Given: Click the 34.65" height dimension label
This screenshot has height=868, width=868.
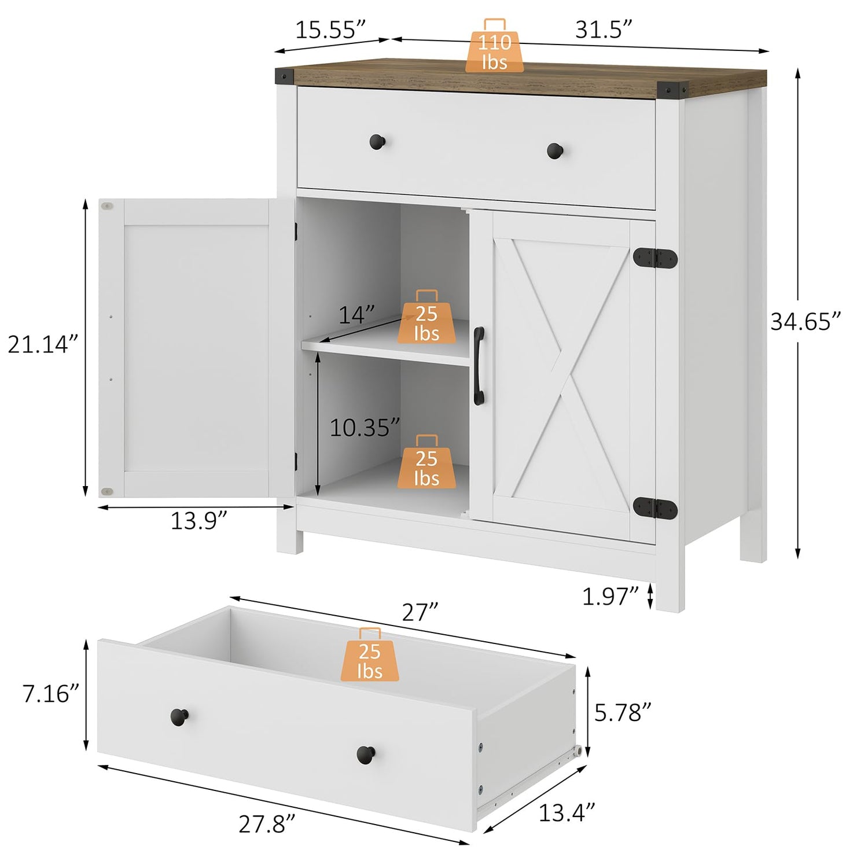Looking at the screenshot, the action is pyautogui.click(x=805, y=322).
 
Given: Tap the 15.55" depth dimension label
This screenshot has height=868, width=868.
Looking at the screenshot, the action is pyautogui.click(x=330, y=30).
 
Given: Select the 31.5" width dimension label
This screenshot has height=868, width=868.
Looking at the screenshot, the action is pyautogui.click(x=604, y=30).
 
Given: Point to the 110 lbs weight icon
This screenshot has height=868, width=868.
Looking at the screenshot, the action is pyautogui.click(x=495, y=46).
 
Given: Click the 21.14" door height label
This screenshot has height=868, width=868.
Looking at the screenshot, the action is pyautogui.click(x=42, y=344).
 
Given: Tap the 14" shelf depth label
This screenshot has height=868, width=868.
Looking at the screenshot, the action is pyautogui.click(x=356, y=315).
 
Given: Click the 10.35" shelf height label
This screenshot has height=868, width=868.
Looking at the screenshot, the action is pyautogui.click(x=365, y=428).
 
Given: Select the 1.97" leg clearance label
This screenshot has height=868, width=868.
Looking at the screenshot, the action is pyautogui.click(x=610, y=596).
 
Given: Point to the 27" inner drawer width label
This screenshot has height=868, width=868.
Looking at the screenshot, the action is pyautogui.click(x=420, y=612).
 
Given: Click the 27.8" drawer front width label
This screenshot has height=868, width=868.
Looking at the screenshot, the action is pyautogui.click(x=267, y=824).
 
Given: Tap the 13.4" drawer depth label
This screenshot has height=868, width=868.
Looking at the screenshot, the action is pyautogui.click(x=567, y=812).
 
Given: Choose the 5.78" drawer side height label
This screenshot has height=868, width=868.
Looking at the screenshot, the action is pyautogui.click(x=623, y=713).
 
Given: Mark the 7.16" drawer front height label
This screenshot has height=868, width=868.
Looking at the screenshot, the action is pyautogui.click(x=50, y=693).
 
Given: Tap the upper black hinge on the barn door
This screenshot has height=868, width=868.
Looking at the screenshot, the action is pyautogui.click(x=655, y=258).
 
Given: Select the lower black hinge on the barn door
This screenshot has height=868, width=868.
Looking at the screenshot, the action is pyautogui.click(x=655, y=507).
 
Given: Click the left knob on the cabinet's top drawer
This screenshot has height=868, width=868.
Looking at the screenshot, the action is pyautogui.click(x=377, y=142).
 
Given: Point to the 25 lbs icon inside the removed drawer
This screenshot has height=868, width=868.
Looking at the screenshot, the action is pyautogui.click(x=370, y=654).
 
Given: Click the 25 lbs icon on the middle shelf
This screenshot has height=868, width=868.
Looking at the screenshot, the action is pyautogui.click(x=426, y=317).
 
